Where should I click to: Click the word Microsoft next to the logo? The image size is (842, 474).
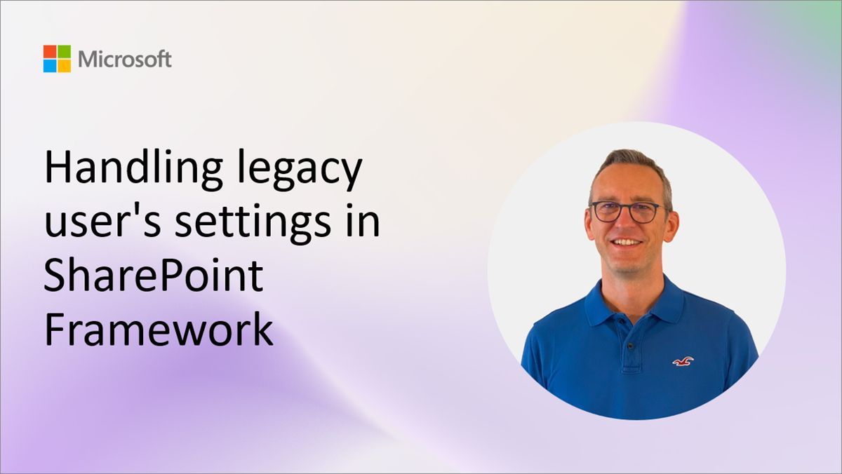pos(125,59)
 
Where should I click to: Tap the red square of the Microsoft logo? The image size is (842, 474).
pos(50,52)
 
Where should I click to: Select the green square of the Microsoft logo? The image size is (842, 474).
pos(64,52)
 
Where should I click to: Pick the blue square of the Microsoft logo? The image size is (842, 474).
pos(50,66)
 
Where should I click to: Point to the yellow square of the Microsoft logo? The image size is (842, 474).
pos(64,66)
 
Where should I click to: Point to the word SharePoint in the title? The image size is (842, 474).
pos(154,277)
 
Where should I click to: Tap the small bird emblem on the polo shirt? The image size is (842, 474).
pos(682,361)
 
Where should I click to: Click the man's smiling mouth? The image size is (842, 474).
pos(627,243)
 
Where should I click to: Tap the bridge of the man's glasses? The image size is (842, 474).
pos(627,208)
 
